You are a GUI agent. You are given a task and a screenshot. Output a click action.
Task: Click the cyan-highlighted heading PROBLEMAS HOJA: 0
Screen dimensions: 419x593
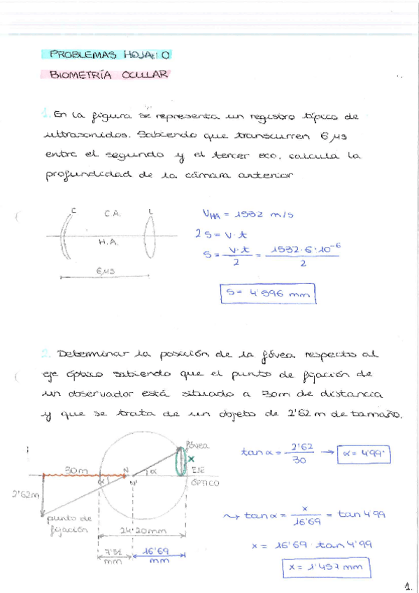tap(106, 54)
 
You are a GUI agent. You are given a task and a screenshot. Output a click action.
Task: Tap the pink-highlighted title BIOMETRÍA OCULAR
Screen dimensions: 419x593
tap(109, 74)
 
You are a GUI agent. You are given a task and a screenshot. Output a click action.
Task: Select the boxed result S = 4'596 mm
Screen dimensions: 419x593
tap(267, 294)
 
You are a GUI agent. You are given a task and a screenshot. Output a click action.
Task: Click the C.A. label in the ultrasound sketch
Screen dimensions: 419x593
tap(112, 214)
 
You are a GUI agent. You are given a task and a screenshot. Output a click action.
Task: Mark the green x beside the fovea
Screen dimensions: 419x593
tap(192, 459)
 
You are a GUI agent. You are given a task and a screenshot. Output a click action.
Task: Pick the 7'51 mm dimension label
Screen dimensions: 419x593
tap(111, 557)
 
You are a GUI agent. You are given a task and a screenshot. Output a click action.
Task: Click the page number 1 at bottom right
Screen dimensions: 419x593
tap(408, 583)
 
